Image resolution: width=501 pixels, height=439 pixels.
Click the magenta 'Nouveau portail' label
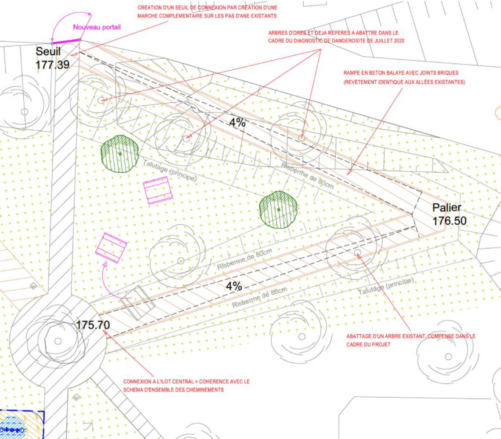(97, 27)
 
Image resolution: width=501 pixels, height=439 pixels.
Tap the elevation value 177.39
(52, 65)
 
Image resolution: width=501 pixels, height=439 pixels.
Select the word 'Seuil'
(48, 51)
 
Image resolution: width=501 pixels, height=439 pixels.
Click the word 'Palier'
(447, 208)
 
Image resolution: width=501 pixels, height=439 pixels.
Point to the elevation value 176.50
(450, 221)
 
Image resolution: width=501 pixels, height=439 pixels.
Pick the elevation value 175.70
(93, 325)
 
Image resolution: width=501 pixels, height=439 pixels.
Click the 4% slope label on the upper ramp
(237, 122)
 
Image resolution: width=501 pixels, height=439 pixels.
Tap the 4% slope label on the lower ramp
(234, 286)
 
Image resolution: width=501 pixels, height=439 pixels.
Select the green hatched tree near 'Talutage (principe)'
(120, 154)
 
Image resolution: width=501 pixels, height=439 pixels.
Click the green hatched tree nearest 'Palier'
(278, 209)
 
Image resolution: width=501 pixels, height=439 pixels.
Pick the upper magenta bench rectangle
(158, 190)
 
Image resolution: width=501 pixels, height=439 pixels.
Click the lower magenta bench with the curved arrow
(111, 248)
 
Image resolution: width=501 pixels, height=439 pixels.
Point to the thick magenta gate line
(66, 41)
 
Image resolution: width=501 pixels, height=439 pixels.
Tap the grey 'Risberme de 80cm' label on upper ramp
(307, 176)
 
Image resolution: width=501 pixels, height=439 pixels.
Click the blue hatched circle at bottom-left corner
(12, 428)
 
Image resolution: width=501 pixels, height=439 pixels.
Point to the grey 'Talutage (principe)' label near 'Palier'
(386, 286)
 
